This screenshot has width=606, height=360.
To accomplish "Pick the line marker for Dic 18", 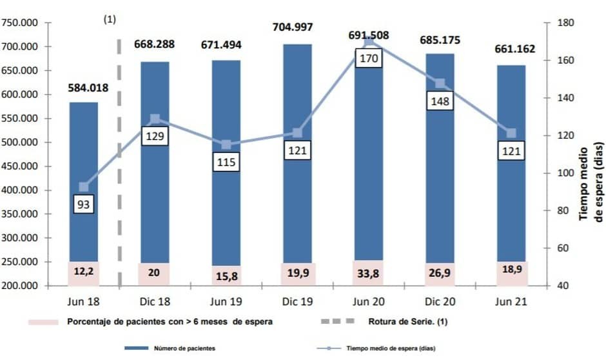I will pyautogui.click(x=155, y=119).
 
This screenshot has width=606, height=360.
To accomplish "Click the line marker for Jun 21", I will pyautogui.click(x=511, y=133).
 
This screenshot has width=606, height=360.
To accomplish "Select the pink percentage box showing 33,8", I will pyautogui.click(x=368, y=273).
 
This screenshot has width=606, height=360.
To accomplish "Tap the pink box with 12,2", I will pyautogui.click(x=84, y=272).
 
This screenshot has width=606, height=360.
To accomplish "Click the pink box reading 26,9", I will pyautogui.click(x=440, y=273).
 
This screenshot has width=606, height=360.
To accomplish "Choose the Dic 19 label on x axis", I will pyautogui.click(x=297, y=301).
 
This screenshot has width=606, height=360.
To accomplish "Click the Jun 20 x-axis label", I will pyautogui.click(x=368, y=301).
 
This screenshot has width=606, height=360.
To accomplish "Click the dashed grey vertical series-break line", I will pyautogui.click(x=119, y=161).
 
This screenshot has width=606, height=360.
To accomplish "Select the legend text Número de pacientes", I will pyautogui.click(x=184, y=348).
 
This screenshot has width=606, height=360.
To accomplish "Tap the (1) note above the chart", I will pyautogui.click(x=110, y=19).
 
